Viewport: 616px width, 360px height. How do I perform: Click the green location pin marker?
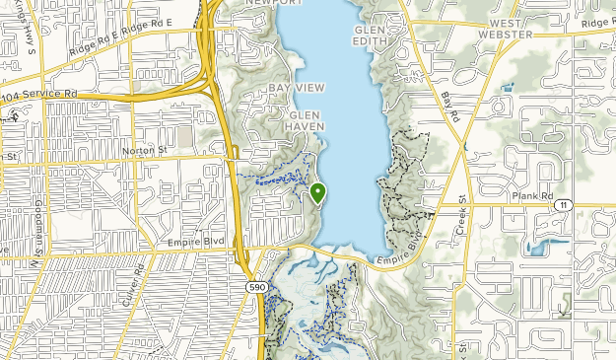[317, 192]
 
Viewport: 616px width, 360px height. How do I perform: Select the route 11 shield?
[562, 204]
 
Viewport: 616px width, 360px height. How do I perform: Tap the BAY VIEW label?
[297, 88]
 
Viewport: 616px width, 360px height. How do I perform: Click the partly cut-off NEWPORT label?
[275, 3]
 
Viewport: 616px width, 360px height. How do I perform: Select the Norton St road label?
[144, 150]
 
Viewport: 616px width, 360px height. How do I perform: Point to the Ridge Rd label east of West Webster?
[597, 21]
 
